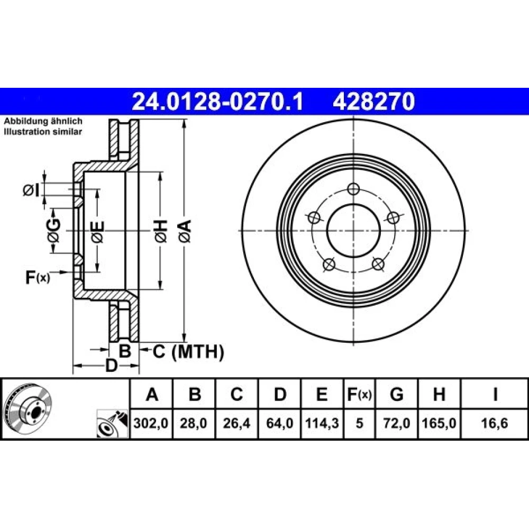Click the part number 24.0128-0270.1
[x=217, y=102]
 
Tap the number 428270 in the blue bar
[x=374, y=102]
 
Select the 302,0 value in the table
[x=151, y=423]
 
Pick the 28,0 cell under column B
[x=193, y=423]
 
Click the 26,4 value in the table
[x=236, y=423]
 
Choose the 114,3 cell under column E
[x=322, y=423]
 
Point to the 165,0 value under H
[x=439, y=423]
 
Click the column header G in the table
[x=396, y=394]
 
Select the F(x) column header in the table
[x=359, y=394]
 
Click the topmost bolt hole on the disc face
[x=353, y=189]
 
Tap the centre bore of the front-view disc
[x=353, y=231]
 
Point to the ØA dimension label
[x=185, y=231]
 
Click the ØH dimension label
[x=161, y=231]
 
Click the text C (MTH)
[x=188, y=352]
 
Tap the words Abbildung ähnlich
[x=43, y=121]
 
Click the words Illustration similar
[x=43, y=132]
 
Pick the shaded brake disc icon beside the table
[x=29, y=408]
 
